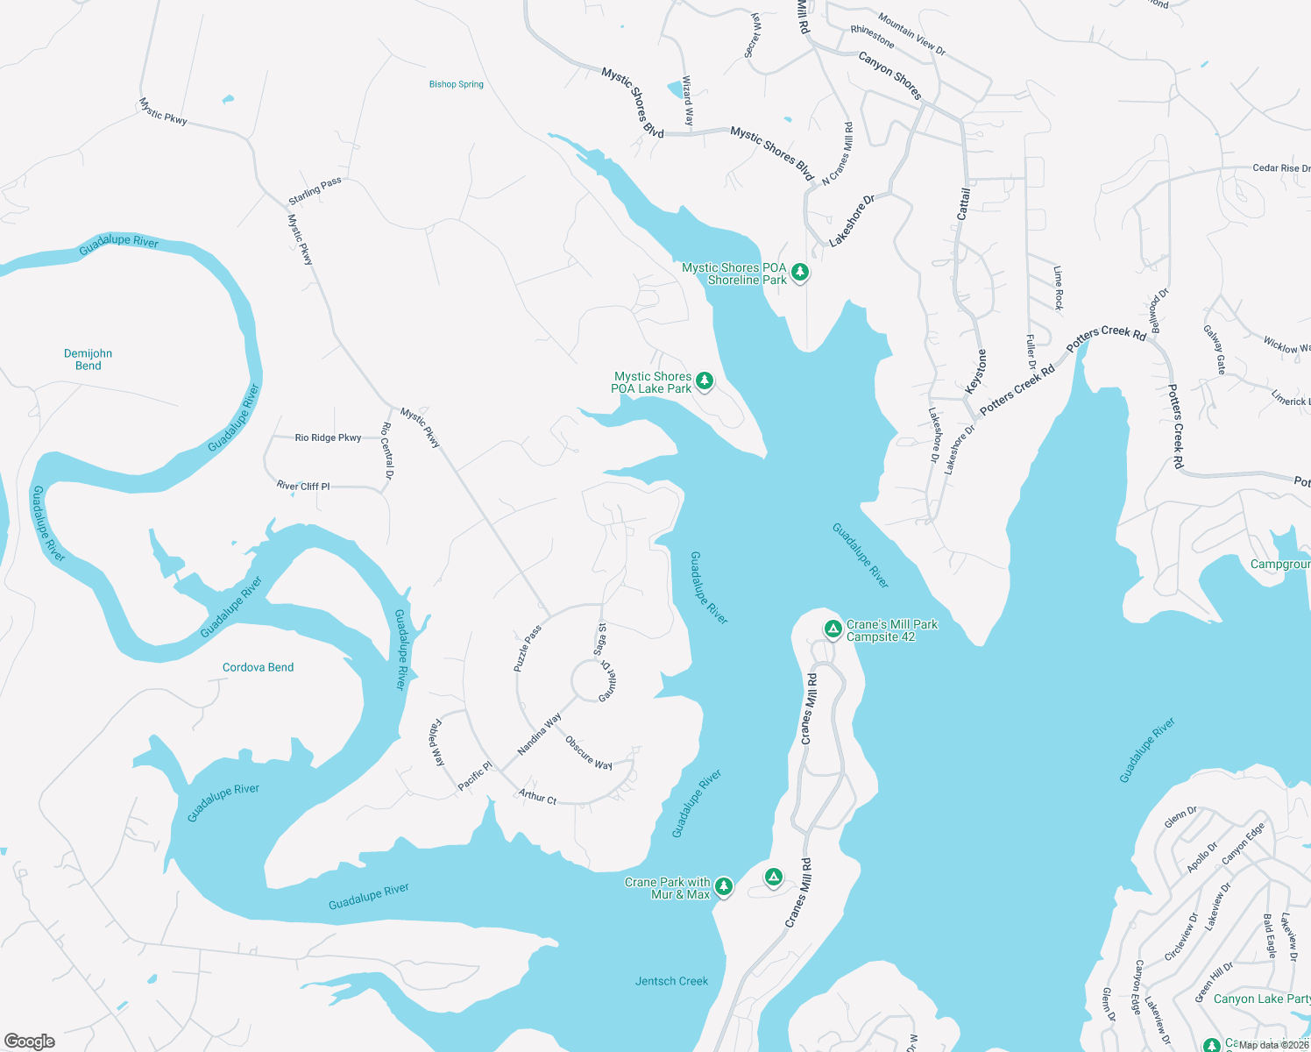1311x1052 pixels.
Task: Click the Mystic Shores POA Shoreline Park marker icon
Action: (x=799, y=273)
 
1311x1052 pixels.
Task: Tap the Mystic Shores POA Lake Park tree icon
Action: (x=704, y=381)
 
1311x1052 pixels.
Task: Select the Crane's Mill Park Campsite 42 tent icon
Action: (x=833, y=629)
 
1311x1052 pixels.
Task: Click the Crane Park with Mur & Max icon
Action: (x=723, y=887)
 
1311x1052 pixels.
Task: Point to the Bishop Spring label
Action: (x=456, y=84)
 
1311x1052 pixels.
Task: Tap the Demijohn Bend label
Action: (x=88, y=359)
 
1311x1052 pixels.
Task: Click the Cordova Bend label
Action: (x=258, y=667)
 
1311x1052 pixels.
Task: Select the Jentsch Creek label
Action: (x=671, y=981)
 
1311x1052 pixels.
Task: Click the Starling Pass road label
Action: (x=315, y=191)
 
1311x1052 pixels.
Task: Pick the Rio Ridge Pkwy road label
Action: (x=328, y=437)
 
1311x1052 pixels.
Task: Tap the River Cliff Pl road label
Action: (x=303, y=486)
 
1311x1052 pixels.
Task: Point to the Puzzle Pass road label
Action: (x=528, y=649)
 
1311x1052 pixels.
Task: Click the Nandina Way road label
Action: (x=539, y=735)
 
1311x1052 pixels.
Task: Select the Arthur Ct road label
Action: (x=537, y=797)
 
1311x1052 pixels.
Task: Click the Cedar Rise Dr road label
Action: (x=1280, y=167)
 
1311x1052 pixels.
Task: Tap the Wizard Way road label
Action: (x=688, y=101)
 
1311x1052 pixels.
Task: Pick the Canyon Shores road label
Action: (x=889, y=75)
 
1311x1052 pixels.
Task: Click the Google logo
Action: (x=30, y=1041)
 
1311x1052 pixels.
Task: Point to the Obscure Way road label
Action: (x=588, y=753)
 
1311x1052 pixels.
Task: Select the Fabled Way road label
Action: (x=436, y=743)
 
